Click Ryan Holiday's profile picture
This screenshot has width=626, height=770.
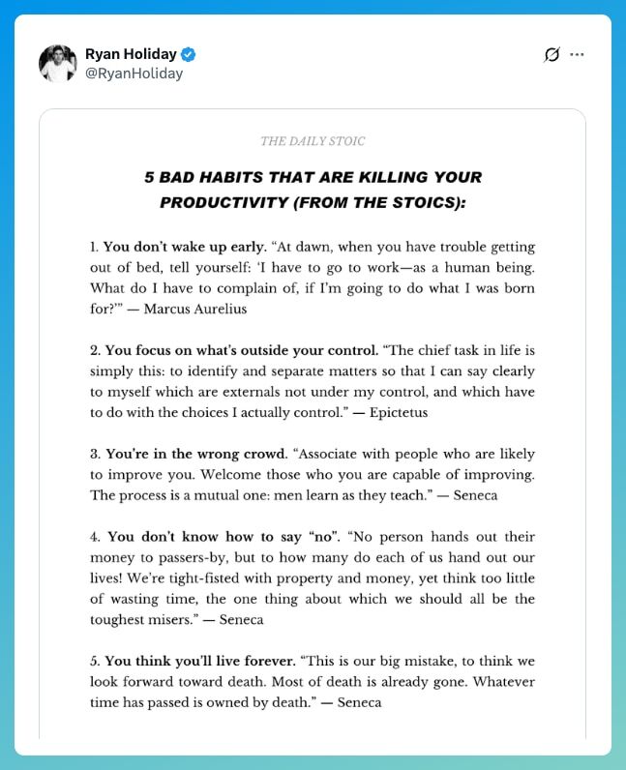tap(58, 63)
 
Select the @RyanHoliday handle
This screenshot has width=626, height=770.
tap(134, 74)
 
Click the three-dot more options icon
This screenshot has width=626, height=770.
tap(578, 54)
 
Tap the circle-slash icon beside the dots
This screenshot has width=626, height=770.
tap(552, 54)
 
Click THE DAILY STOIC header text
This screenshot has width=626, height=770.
tap(313, 141)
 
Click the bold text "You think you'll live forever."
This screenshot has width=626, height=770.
tap(200, 662)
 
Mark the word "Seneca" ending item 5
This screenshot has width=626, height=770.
tap(358, 702)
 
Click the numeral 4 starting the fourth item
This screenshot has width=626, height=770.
tap(94, 537)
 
